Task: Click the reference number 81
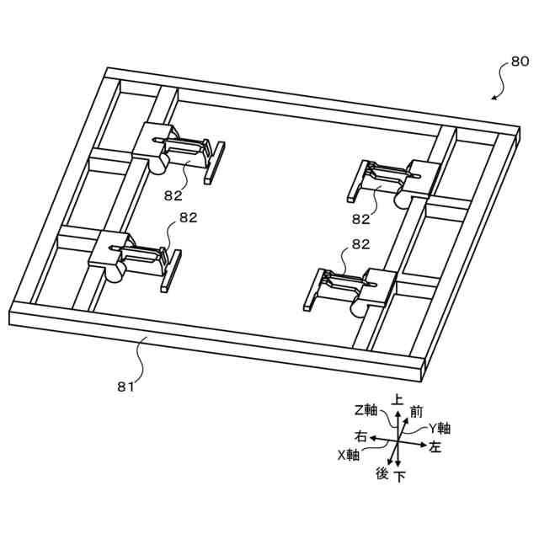[125, 387]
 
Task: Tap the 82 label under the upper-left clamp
[174, 195]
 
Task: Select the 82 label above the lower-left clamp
[187, 217]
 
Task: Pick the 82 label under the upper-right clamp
[361, 219]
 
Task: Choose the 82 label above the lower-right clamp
[361, 244]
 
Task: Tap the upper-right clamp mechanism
[392, 182]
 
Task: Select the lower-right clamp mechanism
[350, 287]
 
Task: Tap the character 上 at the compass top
[398, 401]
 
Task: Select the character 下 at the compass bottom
[400, 477]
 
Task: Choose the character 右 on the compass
[360, 437]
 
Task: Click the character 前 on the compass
[416, 412]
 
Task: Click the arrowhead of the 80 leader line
[494, 99]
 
